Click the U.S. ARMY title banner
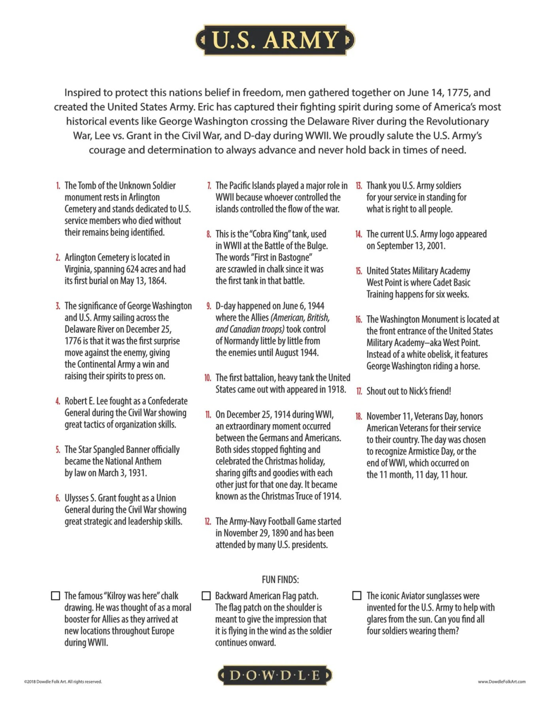click(275, 40)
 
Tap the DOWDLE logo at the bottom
click(275, 675)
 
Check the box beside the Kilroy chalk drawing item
click(56, 596)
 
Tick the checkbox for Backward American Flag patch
click(206, 596)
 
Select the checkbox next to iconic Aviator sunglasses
click(357, 596)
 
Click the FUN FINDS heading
click(280, 580)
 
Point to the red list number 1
click(58, 186)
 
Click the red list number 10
click(208, 378)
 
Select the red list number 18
click(359, 417)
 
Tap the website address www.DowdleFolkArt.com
click(502, 682)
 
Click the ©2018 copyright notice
click(63, 682)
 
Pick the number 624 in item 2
click(132, 269)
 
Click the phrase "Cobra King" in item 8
click(270, 234)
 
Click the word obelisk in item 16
click(436, 355)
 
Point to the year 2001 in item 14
click(436, 246)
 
